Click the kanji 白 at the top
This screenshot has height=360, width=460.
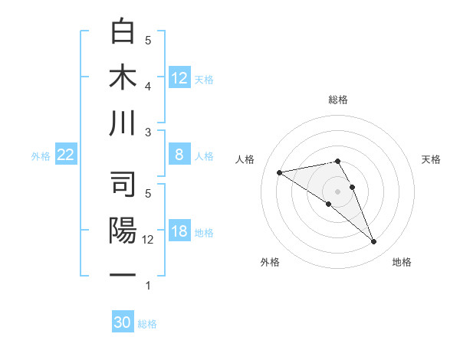[124, 32]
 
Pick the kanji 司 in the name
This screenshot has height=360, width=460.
[124, 185]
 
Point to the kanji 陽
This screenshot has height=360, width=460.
[124, 231]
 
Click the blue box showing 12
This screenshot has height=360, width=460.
[179, 77]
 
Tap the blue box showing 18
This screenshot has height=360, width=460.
[179, 232]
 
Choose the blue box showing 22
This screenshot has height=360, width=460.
[66, 155]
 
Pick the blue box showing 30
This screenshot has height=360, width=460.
[123, 322]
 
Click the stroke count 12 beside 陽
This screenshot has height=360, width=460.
[149, 240]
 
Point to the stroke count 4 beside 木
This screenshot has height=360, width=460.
[149, 86]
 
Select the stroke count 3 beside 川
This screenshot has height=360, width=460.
[149, 133]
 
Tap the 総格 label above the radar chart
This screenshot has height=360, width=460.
[338, 100]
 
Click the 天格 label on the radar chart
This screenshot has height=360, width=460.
[432, 159]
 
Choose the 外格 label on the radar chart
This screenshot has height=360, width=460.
[270, 262]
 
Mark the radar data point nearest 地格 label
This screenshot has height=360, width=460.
[374, 242]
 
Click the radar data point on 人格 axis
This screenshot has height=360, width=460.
[279, 172]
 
